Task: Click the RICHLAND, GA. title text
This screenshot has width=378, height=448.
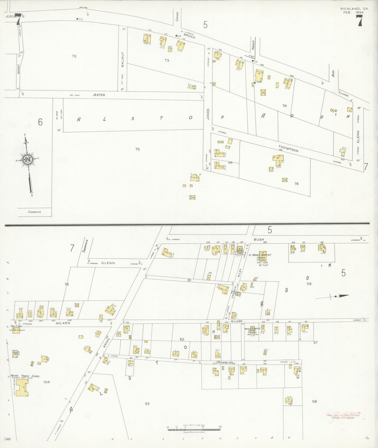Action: [354, 9]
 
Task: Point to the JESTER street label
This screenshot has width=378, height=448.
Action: [99, 95]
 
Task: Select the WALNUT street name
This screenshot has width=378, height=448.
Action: [123, 60]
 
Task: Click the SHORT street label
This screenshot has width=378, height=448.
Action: [19, 69]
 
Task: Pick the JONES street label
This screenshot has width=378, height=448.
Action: [208, 114]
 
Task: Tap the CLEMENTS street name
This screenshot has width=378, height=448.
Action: [35, 212]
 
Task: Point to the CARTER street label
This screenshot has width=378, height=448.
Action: [177, 16]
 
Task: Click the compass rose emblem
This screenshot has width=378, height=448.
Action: [27, 159]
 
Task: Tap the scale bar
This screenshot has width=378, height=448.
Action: [194, 428]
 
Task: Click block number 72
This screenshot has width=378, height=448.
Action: [74, 56]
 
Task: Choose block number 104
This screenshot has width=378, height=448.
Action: [47, 382]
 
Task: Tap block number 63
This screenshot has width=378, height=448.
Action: [147, 404]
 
